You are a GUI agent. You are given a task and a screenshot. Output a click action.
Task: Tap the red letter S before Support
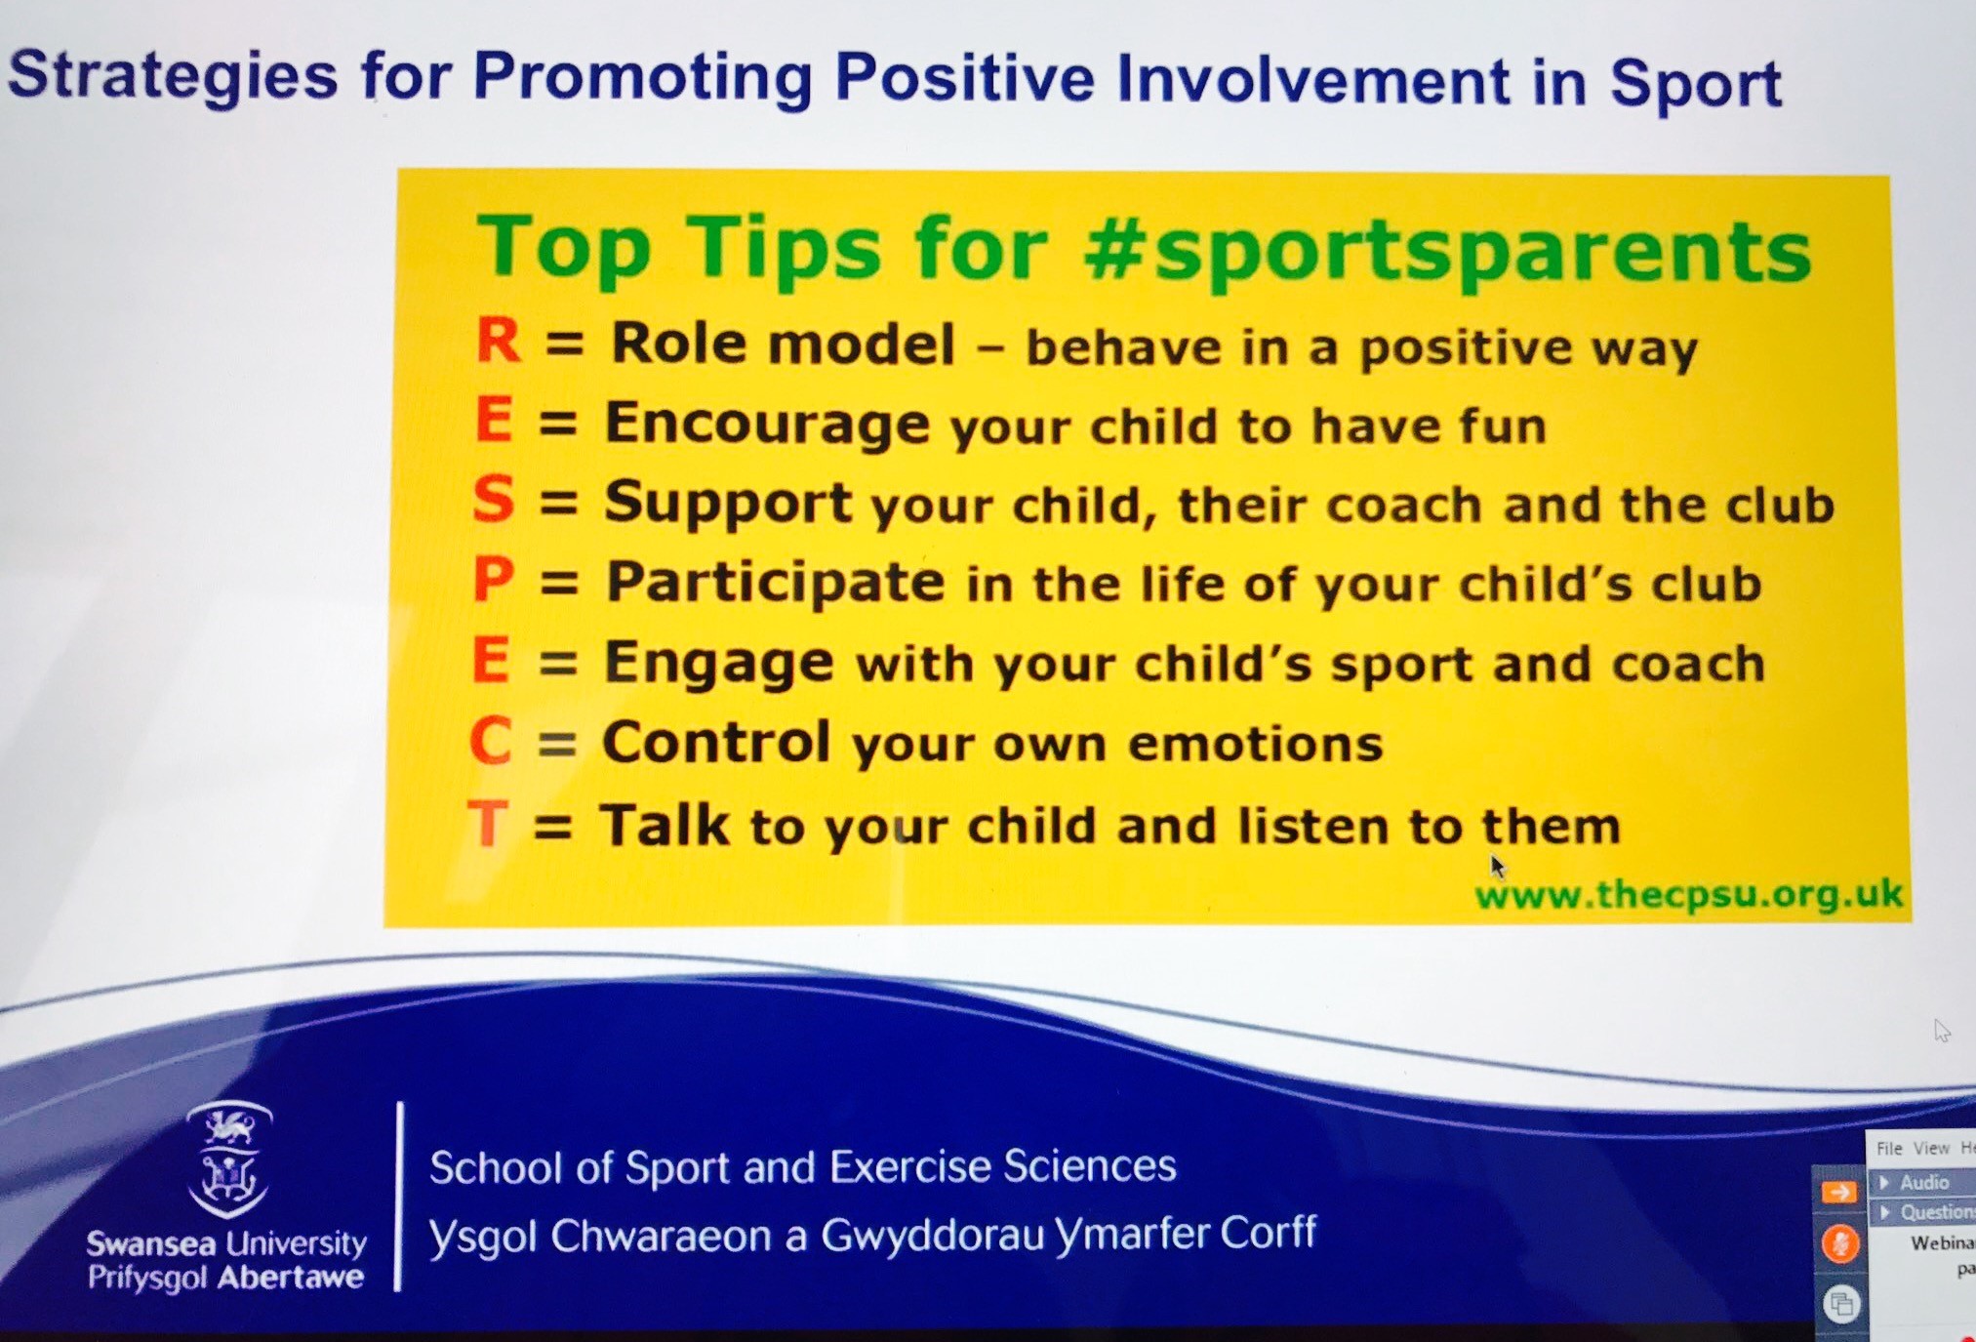pos(493,500)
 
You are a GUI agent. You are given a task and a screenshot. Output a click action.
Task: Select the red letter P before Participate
pos(493,580)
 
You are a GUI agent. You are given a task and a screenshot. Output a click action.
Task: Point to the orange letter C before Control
pos(490,741)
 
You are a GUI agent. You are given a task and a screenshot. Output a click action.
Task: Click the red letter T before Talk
pos(488,823)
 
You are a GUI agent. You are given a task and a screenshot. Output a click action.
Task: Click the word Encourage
pos(767,425)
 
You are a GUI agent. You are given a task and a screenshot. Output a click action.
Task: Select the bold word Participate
pos(776,584)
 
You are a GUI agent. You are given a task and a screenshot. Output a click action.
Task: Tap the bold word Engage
pos(719,664)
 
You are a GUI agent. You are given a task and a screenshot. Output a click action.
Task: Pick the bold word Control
pos(716,742)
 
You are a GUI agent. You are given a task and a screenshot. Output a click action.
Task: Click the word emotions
pos(1256,744)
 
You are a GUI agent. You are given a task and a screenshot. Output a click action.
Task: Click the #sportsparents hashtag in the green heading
pos(1447,251)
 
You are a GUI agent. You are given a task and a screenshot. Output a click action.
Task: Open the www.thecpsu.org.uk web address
pos(1688,894)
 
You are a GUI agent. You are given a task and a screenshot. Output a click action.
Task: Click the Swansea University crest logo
pos(228,1159)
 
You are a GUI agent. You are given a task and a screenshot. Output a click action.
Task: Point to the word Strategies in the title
pos(173,75)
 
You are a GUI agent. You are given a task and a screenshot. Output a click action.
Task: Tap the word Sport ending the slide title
pos(1696,82)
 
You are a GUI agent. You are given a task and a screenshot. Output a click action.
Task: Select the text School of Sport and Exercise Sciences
pos(803,1166)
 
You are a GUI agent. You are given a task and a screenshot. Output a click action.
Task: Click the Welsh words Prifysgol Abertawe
pos(225,1278)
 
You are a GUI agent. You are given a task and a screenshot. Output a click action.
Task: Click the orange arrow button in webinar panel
pos(1839,1192)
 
